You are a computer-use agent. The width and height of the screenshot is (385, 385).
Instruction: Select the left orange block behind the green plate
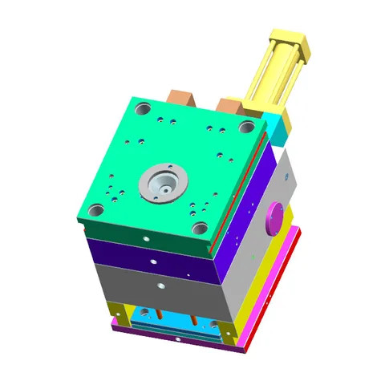tap(183, 99)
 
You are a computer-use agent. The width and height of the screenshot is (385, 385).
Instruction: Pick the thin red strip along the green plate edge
tap(245, 180)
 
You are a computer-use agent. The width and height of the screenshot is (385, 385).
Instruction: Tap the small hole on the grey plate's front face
tap(161, 285)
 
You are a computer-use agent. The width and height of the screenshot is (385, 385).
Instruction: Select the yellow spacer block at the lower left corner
tap(119, 313)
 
